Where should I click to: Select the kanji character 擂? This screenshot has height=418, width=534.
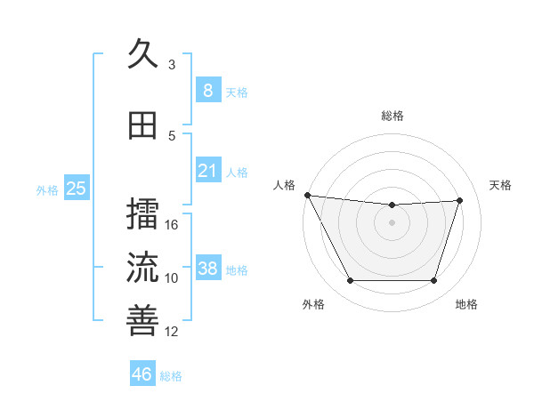pyautogui.click(x=142, y=213)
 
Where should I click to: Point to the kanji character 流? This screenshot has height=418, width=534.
pyautogui.click(x=142, y=267)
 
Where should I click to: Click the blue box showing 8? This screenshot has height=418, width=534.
pyautogui.click(x=207, y=91)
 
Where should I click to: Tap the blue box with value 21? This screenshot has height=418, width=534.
pyautogui.click(x=207, y=171)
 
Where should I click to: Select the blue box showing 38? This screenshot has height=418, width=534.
pyautogui.click(x=207, y=269)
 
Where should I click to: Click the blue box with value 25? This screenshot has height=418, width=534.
pyautogui.click(x=76, y=189)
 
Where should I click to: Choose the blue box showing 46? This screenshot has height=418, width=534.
pyautogui.click(x=142, y=374)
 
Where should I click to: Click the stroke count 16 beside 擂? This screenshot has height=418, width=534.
pyautogui.click(x=173, y=225)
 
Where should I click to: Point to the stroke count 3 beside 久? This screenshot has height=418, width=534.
pyautogui.click(x=172, y=65)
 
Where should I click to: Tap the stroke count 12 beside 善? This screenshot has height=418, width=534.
pyautogui.click(x=173, y=332)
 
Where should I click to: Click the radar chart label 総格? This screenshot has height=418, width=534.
pyautogui.click(x=392, y=116)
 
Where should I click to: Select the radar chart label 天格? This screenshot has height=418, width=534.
pyautogui.click(x=501, y=185)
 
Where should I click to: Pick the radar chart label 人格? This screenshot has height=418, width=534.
pyautogui.click(x=284, y=185)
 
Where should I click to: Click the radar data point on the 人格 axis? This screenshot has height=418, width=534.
pyautogui.click(x=307, y=195)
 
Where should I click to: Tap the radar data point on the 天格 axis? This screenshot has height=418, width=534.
pyautogui.click(x=460, y=200)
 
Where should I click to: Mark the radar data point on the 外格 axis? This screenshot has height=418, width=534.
pyautogui.click(x=350, y=281)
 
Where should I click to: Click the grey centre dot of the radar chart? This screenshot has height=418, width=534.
pyautogui.click(x=392, y=222)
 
